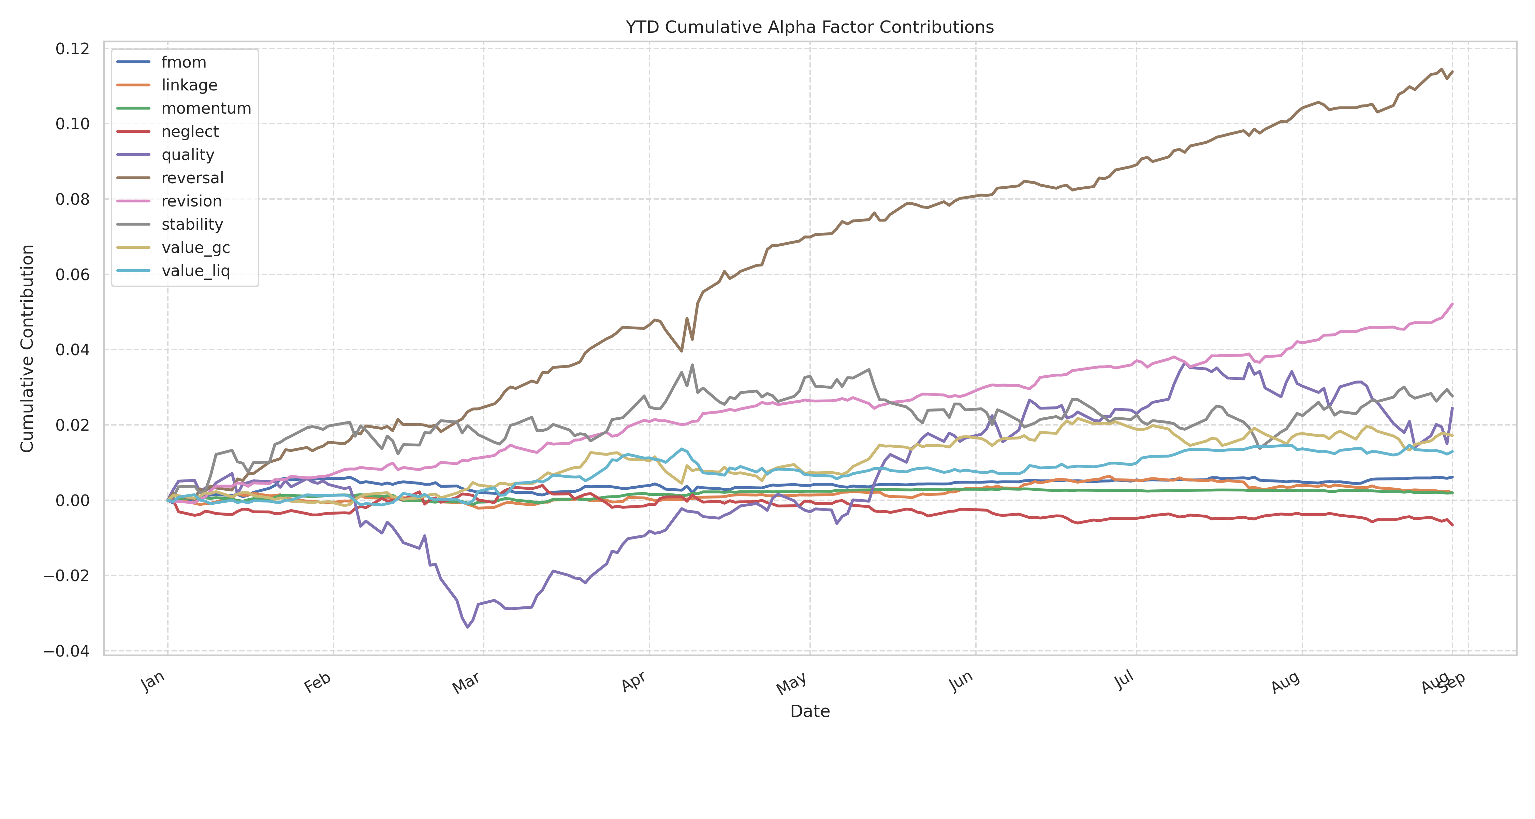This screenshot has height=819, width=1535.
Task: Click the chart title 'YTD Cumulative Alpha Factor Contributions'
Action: (x=809, y=27)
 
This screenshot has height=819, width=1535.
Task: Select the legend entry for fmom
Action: (x=184, y=62)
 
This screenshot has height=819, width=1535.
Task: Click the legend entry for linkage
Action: (x=189, y=85)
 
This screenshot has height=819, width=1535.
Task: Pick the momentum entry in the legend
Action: (x=206, y=109)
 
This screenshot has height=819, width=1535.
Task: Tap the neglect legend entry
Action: (x=190, y=132)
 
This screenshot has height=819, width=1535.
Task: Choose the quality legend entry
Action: (x=188, y=155)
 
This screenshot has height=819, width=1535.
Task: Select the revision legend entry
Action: (x=191, y=201)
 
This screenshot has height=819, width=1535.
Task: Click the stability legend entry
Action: (x=192, y=225)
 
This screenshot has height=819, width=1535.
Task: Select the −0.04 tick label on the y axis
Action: (x=66, y=651)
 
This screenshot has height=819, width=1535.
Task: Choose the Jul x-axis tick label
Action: (x=1124, y=680)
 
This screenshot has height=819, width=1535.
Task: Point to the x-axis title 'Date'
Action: (x=809, y=711)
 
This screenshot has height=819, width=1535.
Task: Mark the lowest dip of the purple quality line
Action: (x=468, y=627)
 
